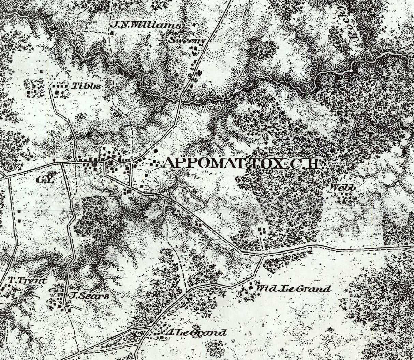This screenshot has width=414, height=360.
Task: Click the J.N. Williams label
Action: coord(146,26)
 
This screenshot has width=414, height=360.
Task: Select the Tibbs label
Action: coord(86,86)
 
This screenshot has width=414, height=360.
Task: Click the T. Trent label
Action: coord(27,281)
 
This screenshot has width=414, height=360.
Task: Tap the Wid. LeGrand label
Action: coord(293,289)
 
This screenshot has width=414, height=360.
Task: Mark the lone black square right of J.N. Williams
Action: coord(195,25)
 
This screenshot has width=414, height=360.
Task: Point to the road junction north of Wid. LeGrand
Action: coord(262,254)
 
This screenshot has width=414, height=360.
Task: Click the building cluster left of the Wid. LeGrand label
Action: coord(247,290)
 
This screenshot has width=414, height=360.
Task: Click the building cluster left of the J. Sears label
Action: coord(61,300)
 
